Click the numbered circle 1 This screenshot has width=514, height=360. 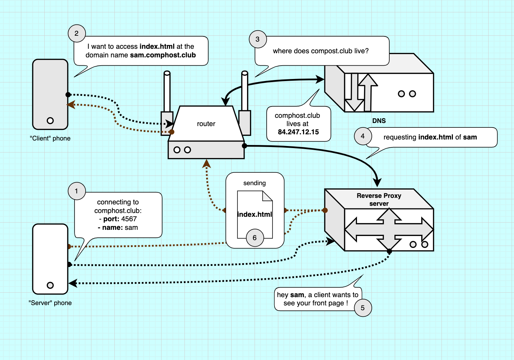[77, 191]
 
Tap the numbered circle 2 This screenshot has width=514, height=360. [77, 33]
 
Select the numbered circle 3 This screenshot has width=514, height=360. [257, 39]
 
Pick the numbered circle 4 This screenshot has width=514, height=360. [362, 136]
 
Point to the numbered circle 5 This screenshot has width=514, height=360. [362, 308]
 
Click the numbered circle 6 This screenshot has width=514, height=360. [255, 238]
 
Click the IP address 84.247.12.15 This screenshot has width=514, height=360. [298, 132]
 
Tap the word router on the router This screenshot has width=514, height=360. [206, 124]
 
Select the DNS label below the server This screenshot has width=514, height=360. [379, 121]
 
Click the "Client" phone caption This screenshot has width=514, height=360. [50, 138]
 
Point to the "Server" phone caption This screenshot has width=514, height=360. [50, 303]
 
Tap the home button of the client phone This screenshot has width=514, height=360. [50, 121]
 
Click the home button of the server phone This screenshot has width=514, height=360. [50, 285]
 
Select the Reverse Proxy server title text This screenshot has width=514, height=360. [379, 200]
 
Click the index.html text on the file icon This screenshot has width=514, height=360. [255, 214]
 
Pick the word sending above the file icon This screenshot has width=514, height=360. [255, 183]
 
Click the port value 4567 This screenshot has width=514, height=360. [129, 219]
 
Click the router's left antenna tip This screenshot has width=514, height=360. [167, 73]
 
